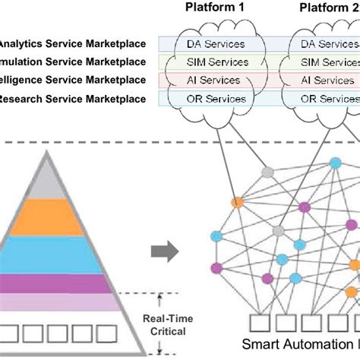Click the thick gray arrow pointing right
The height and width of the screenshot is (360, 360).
pyautogui.click(x=161, y=250)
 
